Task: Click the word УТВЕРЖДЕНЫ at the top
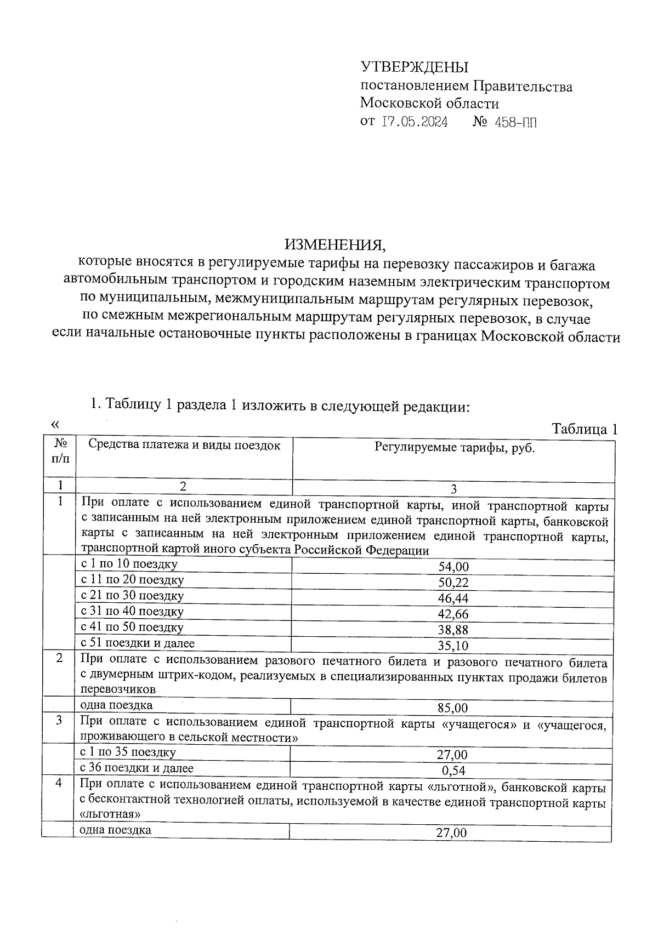pos(415,67)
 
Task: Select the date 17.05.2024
pos(415,122)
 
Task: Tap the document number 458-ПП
pos(515,122)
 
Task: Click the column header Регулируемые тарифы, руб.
pos(455,448)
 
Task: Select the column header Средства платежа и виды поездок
pos(184,446)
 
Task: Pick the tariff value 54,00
pos(453,567)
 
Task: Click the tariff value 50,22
pos(453,583)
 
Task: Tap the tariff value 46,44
pos(453,598)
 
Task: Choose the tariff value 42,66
pos(453,614)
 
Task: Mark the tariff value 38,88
pos(453,630)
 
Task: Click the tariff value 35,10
pos(453,646)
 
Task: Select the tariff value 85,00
pos(453,708)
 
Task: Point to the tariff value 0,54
pos(453,771)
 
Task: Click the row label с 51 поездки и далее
pos(138,643)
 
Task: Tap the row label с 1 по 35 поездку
pos(128,752)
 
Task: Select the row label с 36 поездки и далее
pos(137,768)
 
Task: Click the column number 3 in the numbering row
pos(453,489)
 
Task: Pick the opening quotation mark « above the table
pos(54,424)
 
